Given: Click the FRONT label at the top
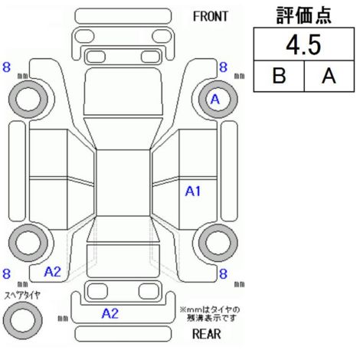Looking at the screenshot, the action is (210, 17).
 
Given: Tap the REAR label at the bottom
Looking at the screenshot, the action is (207, 334).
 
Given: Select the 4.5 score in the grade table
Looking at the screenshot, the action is (303, 45).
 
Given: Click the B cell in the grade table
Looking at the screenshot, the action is (279, 76).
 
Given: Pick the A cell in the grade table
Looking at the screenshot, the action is (329, 76).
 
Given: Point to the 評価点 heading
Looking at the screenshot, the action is (304, 15).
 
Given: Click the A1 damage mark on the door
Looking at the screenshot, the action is (193, 191).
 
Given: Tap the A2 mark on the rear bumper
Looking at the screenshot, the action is (110, 313).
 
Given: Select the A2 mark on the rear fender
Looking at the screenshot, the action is (53, 272).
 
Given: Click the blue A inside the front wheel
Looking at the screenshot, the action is (215, 100).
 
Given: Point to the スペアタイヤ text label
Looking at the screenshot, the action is (22, 295).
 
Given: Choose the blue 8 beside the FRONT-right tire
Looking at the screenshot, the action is (223, 67).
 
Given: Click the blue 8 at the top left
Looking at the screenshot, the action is (6, 67).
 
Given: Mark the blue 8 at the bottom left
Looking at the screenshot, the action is (6, 273).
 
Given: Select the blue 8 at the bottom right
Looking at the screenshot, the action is (223, 273).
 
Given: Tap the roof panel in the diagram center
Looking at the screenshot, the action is (123, 183).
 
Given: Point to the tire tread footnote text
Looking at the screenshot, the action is (210, 314).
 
